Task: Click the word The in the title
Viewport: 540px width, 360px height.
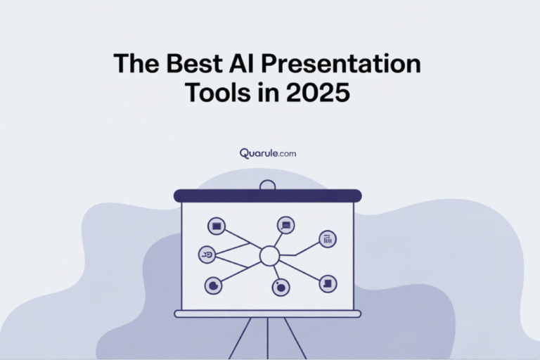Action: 134,64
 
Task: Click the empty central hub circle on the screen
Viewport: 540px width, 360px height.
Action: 269,256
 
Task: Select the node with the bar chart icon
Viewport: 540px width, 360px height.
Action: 328,239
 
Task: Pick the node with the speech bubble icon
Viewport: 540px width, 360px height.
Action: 285,225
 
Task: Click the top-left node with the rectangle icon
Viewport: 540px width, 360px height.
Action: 217,226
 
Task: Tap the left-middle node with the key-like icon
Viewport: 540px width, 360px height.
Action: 207,254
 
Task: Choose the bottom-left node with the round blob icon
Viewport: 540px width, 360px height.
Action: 213,285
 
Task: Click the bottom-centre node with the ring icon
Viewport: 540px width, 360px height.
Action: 281,287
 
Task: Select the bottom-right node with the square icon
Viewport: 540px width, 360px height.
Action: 328,283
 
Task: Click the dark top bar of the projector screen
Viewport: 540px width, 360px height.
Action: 267,195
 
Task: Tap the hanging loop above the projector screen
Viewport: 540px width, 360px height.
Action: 267,186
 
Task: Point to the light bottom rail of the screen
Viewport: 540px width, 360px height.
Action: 267,314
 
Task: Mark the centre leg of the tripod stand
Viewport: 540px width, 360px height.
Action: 267,337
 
